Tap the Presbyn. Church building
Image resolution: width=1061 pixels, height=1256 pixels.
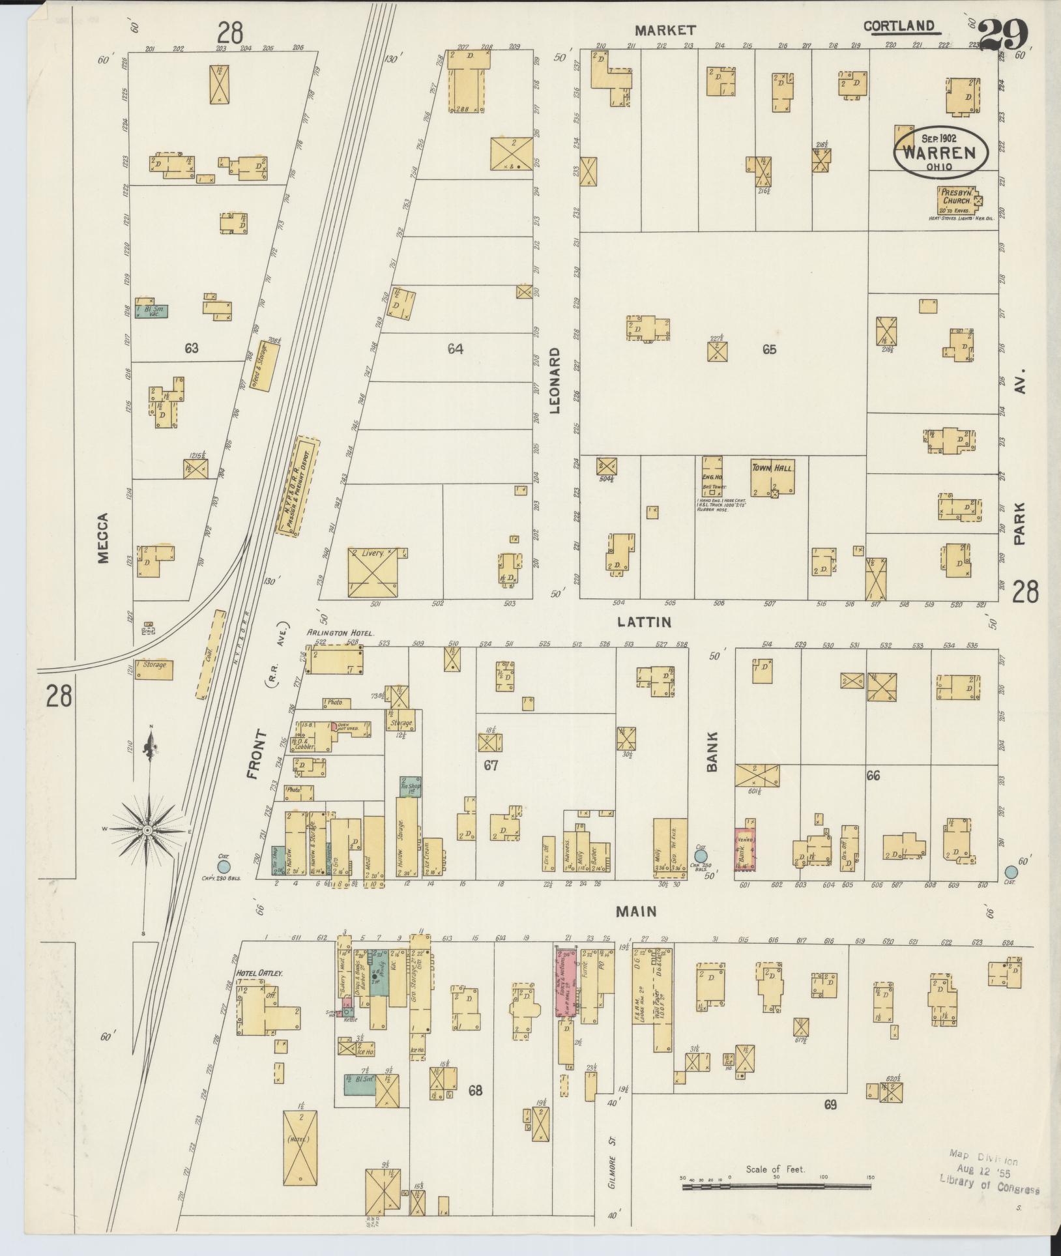tap(956, 201)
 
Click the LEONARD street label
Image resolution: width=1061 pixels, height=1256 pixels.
tap(555, 381)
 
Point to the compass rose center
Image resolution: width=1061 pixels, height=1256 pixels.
tap(147, 830)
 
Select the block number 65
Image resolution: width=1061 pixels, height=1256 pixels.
tap(770, 349)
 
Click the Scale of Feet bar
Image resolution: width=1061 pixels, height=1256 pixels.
tap(776, 1188)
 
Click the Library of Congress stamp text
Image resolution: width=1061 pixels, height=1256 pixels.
tap(989, 1185)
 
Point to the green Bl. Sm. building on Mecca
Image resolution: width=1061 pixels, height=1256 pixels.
tap(152, 311)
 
